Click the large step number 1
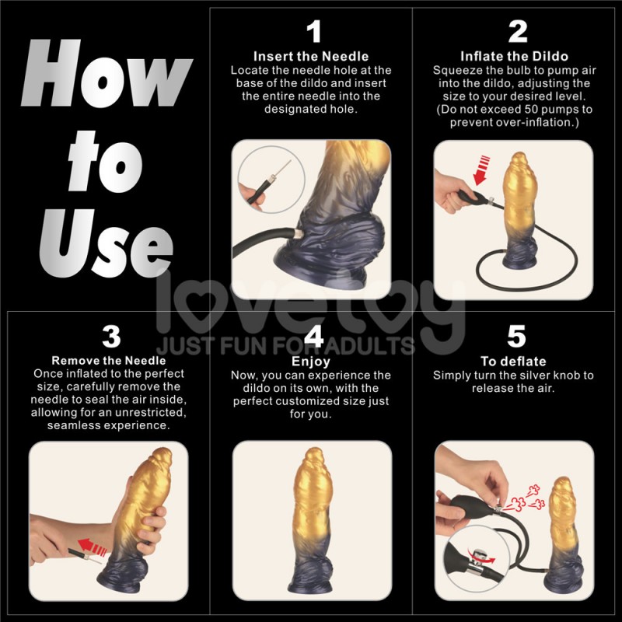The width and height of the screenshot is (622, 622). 313,32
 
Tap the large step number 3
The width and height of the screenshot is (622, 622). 111,336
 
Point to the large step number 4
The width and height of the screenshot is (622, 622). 313,336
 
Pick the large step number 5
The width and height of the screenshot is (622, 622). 516,336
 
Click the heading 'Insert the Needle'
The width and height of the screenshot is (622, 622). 311,57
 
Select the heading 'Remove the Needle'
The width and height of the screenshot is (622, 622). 109,361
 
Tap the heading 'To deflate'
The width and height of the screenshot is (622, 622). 513,362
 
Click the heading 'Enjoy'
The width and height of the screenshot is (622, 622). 311,362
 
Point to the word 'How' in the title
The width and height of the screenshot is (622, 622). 105,78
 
